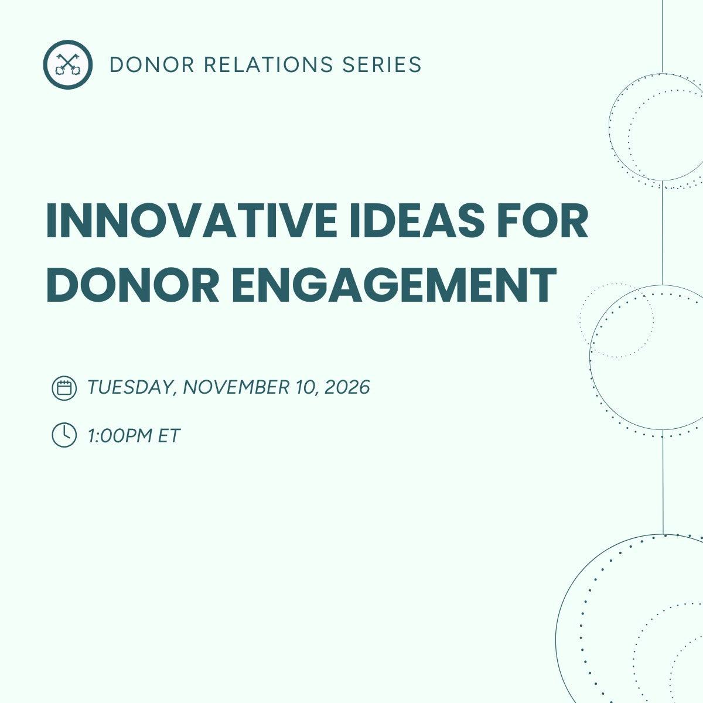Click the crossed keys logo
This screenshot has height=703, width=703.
click(x=67, y=64)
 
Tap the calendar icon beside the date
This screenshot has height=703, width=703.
click(x=64, y=388)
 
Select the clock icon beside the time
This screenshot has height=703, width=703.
click(x=64, y=435)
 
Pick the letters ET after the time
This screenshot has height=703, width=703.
click(x=169, y=435)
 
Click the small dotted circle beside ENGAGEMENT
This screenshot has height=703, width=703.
click(x=616, y=320)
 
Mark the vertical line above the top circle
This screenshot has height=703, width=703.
click(x=662, y=35)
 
